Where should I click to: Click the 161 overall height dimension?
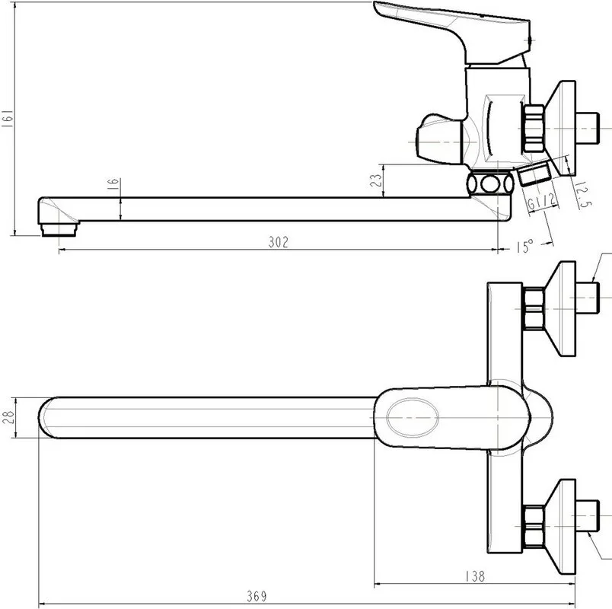[8, 118]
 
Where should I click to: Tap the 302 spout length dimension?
[279, 242]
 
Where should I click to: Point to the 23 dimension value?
[377, 180]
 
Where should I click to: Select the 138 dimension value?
[475, 576]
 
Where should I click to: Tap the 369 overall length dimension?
[257, 596]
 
